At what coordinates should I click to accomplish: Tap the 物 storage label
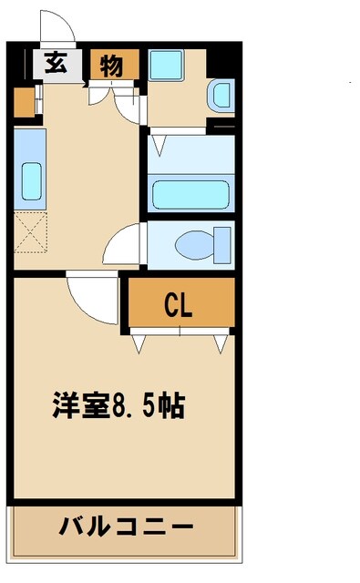(112, 65)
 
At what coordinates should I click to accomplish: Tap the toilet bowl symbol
(194, 245)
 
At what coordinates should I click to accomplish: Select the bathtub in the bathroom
(190, 194)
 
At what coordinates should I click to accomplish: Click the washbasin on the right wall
(220, 96)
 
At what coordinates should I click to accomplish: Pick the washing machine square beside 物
(167, 65)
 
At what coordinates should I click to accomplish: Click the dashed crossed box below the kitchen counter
(30, 235)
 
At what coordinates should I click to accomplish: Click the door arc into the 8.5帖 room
(94, 299)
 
